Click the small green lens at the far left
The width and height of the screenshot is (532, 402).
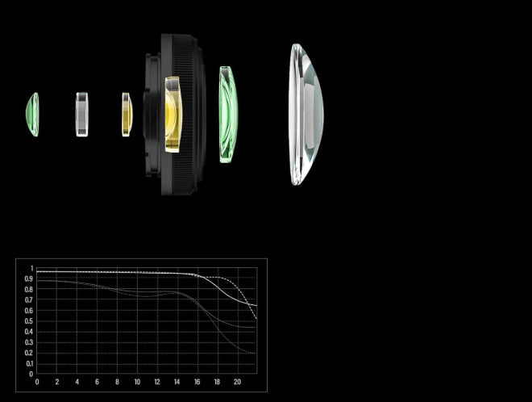coord(32,115)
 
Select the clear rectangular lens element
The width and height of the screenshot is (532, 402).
coord(82,115)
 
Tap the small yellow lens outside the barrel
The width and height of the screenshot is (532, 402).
coord(127,115)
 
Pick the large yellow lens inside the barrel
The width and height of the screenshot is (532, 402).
coord(173,115)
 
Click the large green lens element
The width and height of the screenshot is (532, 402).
coord(228,115)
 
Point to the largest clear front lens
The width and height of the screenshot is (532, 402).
coord(306,115)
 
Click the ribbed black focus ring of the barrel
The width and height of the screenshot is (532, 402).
coord(184,115)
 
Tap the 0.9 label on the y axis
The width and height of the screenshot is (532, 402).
coord(29,279)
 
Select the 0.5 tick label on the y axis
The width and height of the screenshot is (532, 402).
coord(29,321)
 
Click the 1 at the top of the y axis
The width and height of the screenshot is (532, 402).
coord(32,269)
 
